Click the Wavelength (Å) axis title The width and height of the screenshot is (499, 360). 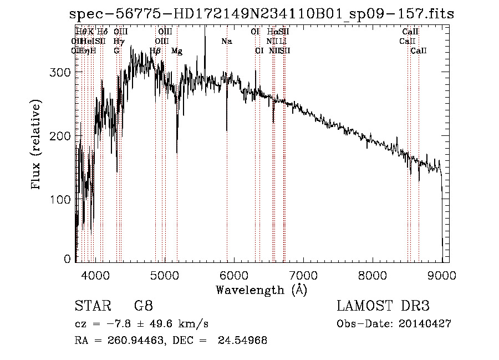261,289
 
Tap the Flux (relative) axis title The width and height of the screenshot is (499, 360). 37,145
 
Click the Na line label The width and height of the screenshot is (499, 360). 226,41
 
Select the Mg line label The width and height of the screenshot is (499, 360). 177,51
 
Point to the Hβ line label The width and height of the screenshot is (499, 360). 155,51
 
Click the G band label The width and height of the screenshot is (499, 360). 116,51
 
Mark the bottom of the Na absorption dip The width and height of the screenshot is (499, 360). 227,130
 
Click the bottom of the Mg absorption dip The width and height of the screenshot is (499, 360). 177,152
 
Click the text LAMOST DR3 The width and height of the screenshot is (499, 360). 383,306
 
